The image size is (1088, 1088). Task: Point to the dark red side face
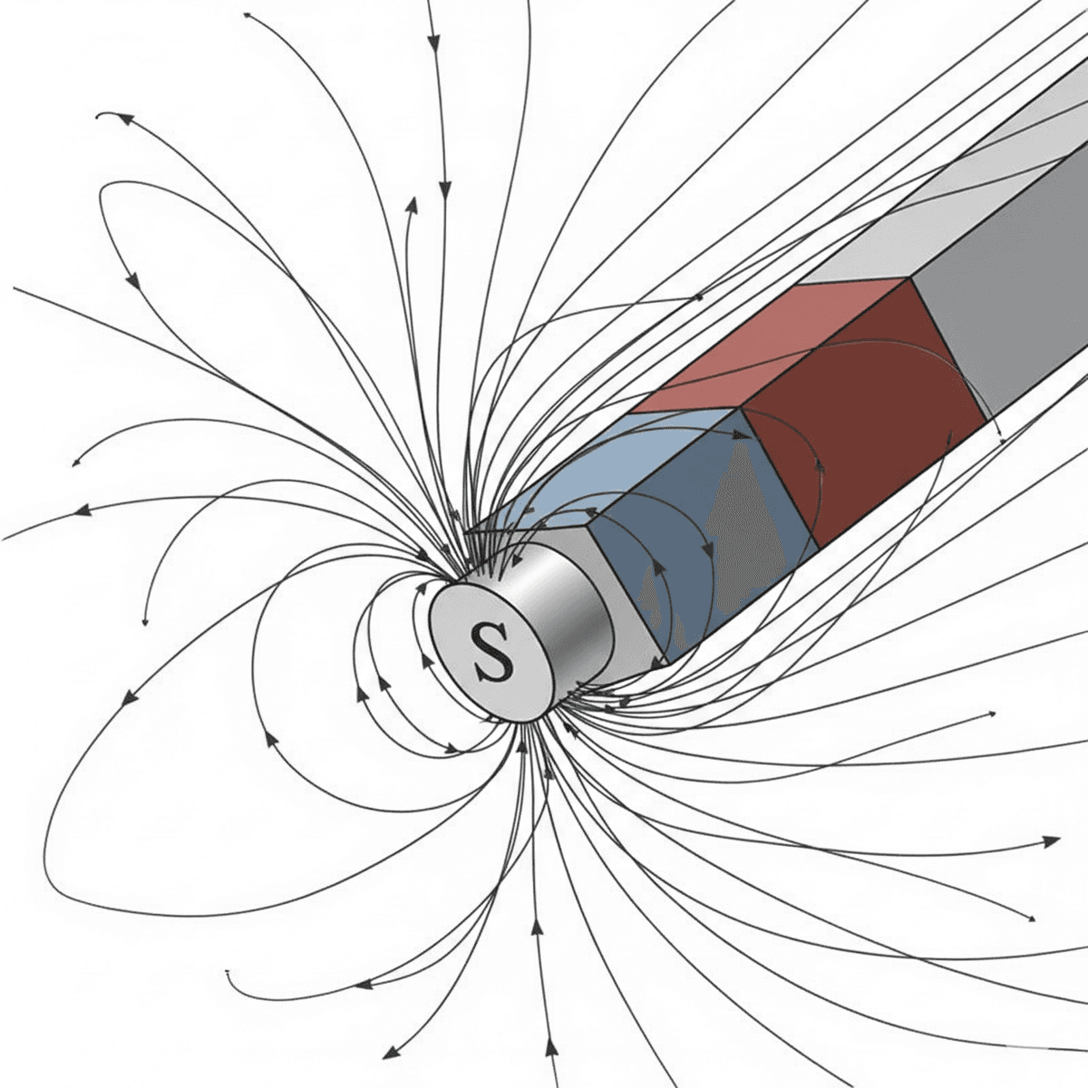[864, 413]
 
